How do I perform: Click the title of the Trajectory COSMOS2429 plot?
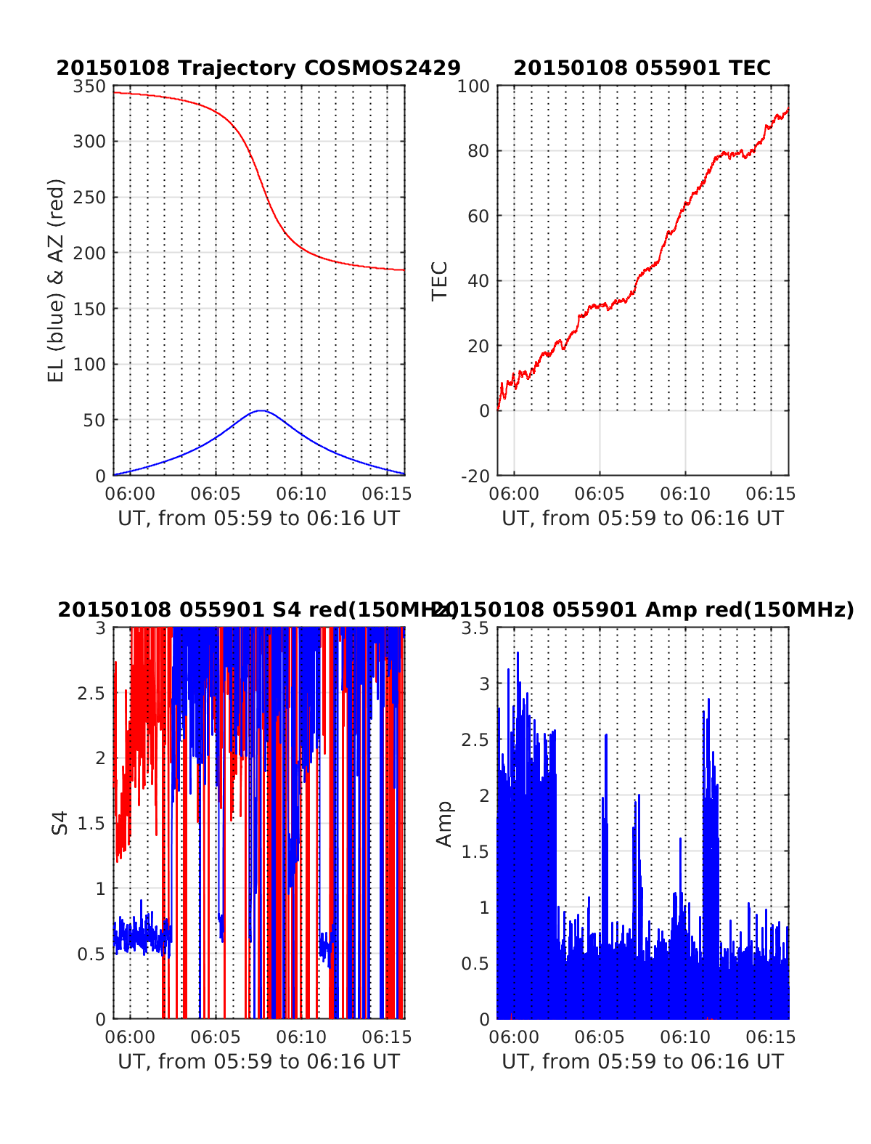click(258, 68)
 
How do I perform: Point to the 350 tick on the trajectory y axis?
click(89, 86)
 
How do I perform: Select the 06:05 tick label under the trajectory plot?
click(216, 495)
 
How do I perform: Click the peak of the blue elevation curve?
click(261, 411)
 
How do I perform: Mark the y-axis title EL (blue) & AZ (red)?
click(57, 280)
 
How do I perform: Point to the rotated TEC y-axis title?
click(440, 280)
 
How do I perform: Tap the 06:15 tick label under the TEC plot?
click(771, 495)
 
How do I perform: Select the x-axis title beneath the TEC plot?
click(642, 519)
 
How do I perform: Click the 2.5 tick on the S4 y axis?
click(91, 693)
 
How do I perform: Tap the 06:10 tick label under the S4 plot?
click(301, 1037)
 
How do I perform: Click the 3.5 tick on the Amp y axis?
click(475, 628)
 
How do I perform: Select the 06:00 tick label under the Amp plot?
click(514, 1037)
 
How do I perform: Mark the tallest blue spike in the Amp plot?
click(518, 653)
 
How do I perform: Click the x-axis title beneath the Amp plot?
click(642, 1062)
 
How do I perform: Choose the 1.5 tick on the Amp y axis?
click(475, 851)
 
